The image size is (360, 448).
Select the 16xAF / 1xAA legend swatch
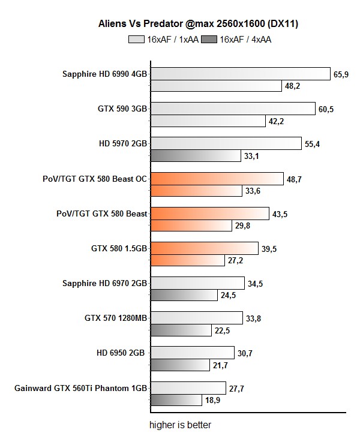tap(136, 40)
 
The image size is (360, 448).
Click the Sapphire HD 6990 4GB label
tap(105, 74)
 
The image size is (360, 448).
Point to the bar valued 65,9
tap(240, 74)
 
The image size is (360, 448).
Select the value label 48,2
tap(293, 86)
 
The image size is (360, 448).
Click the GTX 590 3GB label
tap(122, 109)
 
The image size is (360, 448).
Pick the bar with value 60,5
tap(232, 109)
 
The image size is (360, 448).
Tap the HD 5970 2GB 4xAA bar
tap(195, 156)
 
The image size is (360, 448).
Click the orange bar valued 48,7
tap(216, 179)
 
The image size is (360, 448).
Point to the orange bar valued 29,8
tap(190, 225)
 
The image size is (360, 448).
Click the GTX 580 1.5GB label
tap(119, 248)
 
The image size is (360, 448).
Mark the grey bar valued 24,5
tap(183, 295)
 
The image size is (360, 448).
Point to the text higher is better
tap(181, 425)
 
